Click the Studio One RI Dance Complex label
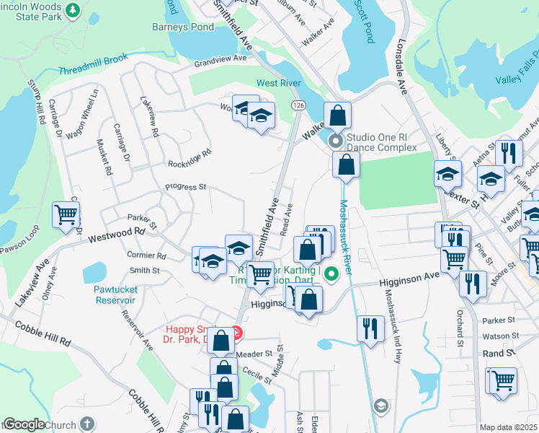[x=381, y=142]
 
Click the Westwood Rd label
[x=116, y=235]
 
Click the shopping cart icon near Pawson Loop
[x=66, y=214]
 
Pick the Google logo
[x=23, y=424]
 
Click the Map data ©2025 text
[x=508, y=427]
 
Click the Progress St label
[x=185, y=187]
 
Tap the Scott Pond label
[x=366, y=22]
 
